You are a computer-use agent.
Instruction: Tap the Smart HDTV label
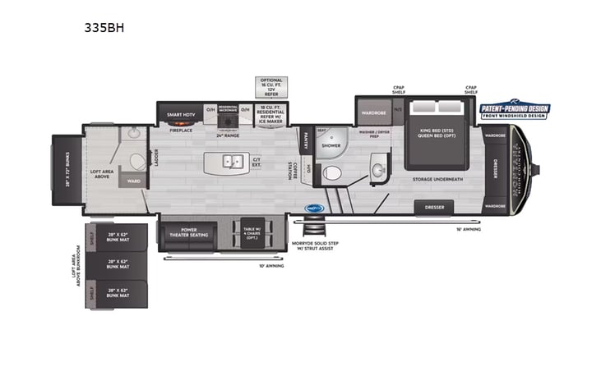coord(180,114)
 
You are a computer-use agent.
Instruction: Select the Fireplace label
coord(181,131)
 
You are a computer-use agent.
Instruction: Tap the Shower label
coord(331,145)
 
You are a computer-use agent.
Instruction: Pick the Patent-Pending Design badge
coord(515,111)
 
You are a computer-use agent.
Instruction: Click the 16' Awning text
coord(469,229)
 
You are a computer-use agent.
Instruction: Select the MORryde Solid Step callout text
coord(315,245)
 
